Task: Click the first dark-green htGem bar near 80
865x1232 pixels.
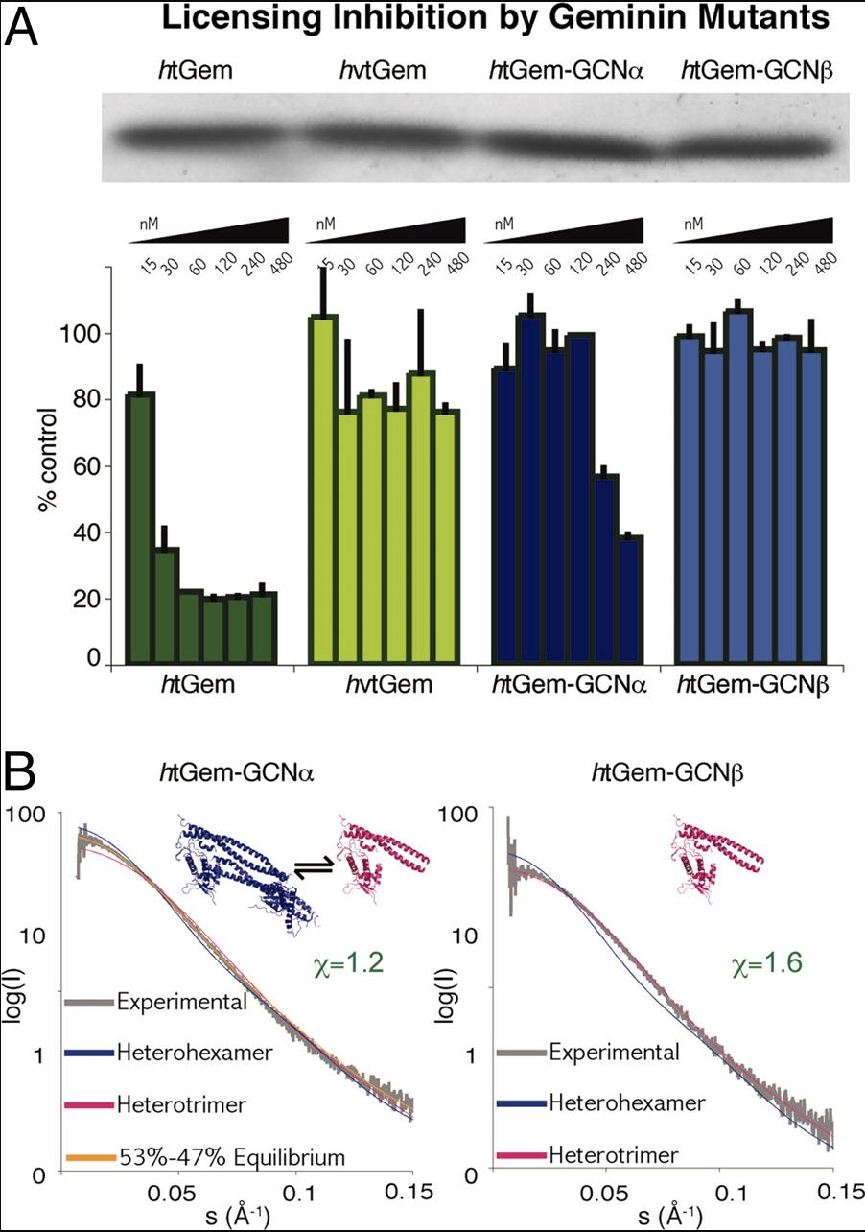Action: click(x=141, y=528)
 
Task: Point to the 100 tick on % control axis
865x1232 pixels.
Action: click(x=88, y=334)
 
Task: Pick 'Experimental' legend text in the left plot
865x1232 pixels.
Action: click(x=183, y=1003)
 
